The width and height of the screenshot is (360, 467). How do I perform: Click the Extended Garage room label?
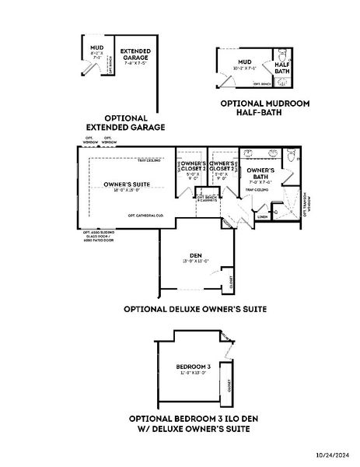(135, 54)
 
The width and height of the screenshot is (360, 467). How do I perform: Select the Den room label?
(196, 256)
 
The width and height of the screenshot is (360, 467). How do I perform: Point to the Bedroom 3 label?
(194, 367)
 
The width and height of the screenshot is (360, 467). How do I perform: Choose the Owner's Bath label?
(260, 172)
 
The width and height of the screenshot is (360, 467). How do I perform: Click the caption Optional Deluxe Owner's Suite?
(195, 309)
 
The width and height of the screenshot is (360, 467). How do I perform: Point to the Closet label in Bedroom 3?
(229, 385)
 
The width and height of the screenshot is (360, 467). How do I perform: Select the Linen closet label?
(262, 217)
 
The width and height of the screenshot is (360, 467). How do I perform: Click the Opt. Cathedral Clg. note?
(145, 215)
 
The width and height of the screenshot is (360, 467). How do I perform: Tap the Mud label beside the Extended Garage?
(97, 49)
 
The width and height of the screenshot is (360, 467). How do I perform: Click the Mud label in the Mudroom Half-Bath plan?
(245, 61)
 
